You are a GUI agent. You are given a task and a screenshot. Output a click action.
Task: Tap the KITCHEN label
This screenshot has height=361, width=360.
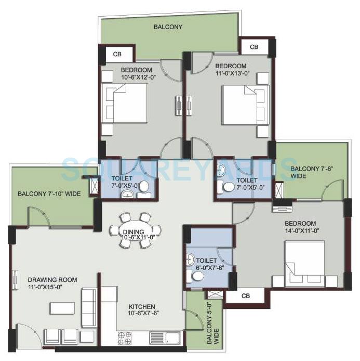click(142, 306)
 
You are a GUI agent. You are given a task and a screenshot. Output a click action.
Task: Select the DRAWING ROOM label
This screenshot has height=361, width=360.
click(52, 280)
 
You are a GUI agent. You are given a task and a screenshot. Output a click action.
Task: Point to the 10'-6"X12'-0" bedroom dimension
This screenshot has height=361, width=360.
click(137, 78)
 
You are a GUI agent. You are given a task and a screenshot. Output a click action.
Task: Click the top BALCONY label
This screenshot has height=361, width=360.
click(168, 27)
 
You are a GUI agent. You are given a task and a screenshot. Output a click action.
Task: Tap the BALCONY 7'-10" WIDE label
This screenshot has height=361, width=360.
click(48, 194)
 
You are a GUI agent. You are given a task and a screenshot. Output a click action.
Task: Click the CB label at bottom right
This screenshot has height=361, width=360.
click(245, 296)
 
